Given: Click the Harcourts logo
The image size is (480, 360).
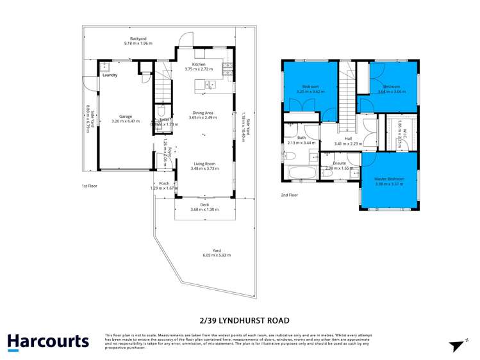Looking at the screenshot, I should click(x=48, y=341).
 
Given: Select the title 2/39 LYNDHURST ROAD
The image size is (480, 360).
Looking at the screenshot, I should click(x=240, y=320).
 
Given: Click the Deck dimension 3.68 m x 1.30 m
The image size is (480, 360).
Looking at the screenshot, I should click(x=204, y=209).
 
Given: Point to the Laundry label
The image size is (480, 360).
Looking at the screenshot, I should click(x=110, y=75).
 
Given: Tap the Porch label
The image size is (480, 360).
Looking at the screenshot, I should click(x=164, y=183).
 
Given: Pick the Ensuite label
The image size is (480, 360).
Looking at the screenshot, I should click(x=339, y=163).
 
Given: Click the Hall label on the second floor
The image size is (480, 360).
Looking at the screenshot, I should click(x=348, y=138).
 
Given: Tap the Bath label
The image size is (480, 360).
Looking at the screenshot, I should click(x=301, y=137).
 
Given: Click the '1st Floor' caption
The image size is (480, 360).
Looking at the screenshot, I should click(x=90, y=186).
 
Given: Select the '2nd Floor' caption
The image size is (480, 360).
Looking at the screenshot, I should click(x=290, y=195).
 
